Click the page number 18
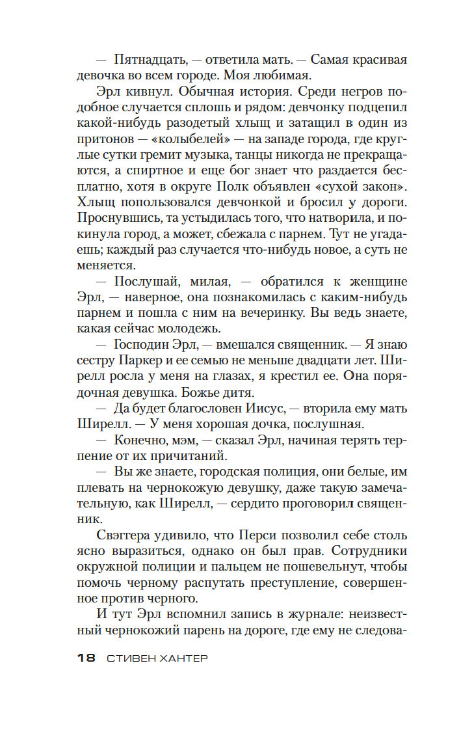pos(86,658)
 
